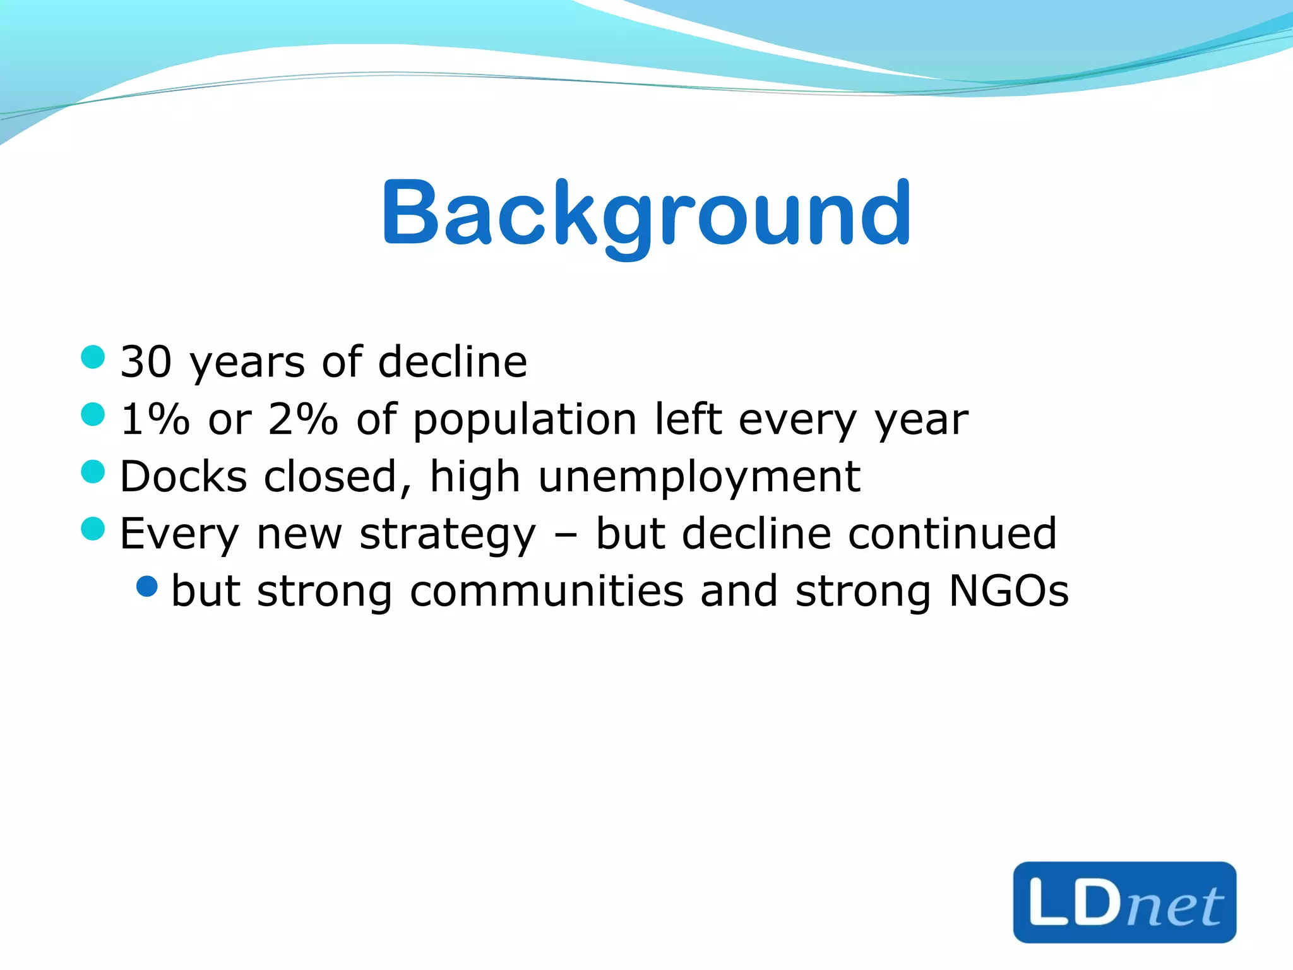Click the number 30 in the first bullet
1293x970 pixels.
pyautogui.click(x=146, y=362)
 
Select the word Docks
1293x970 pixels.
pyautogui.click(x=183, y=477)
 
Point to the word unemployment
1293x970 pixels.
pyautogui.click(x=699, y=477)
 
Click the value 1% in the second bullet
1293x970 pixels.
pyautogui.click(x=155, y=419)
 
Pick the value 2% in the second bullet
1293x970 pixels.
pyautogui.click(x=302, y=419)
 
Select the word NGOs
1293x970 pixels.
pyautogui.click(x=1008, y=592)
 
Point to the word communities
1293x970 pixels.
pyautogui.click(x=546, y=592)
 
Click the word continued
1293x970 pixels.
pyautogui.click(x=952, y=534)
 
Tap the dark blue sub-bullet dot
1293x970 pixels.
pyautogui.click(x=147, y=587)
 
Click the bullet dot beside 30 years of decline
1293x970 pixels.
pyautogui.click(x=93, y=357)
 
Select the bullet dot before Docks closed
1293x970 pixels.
pyautogui.click(x=93, y=472)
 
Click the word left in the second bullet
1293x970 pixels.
pyautogui.click(x=688, y=419)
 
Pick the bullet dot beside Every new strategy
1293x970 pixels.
pyautogui.click(x=93, y=529)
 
